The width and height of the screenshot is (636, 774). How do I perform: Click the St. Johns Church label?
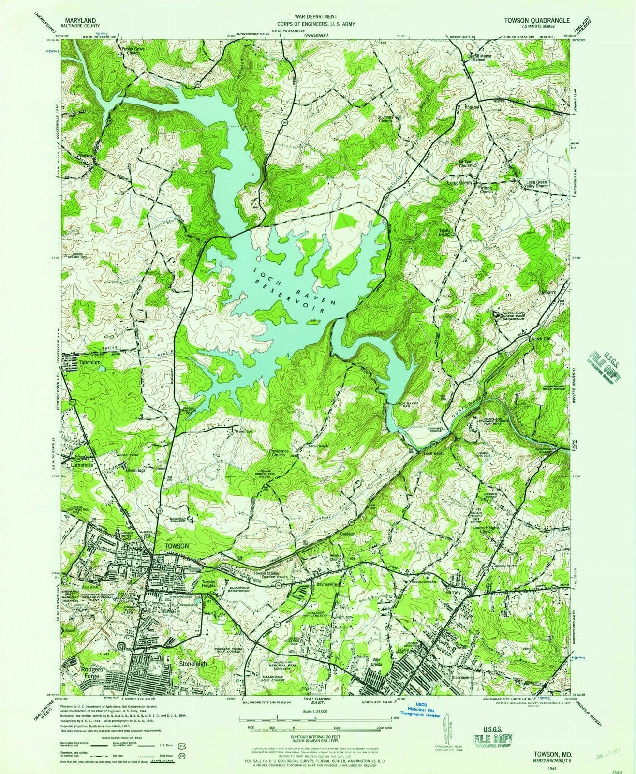(385, 119)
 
